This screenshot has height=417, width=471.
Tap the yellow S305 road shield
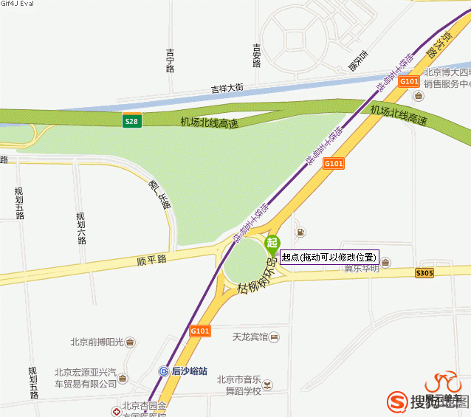(x=424, y=273)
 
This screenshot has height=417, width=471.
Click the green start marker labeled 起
(x=272, y=244)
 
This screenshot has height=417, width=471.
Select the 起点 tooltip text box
(x=329, y=257)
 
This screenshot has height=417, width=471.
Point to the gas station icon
(x=300, y=233)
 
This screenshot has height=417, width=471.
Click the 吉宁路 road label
(x=171, y=61)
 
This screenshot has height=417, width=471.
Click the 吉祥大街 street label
(x=227, y=88)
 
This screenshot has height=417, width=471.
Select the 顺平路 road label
(x=152, y=261)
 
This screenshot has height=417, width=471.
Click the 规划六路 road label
(x=81, y=228)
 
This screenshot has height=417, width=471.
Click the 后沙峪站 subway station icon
(x=164, y=371)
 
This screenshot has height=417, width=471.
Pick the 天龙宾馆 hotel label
(x=250, y=337)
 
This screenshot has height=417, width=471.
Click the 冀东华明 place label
(x=361, y=268)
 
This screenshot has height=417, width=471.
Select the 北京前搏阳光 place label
(x=97, y=342)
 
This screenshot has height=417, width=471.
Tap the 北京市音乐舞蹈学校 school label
(x=238, y=385)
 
